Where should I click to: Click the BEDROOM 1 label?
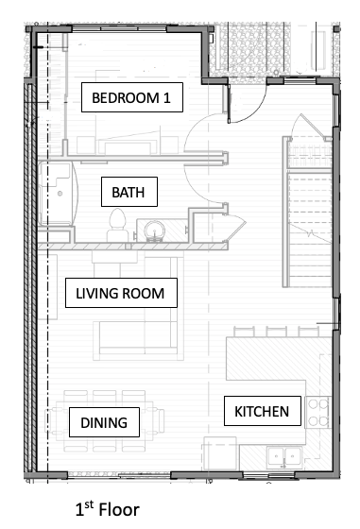[x=132, y=97]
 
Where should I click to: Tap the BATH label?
[x=129, y=192]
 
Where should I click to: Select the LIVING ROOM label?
[x=121, y=293]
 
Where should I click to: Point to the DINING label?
[x=104, y=422]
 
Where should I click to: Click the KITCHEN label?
[x=262, y=411]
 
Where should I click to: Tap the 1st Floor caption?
[x=108, y=509]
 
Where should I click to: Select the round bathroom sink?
[x=155, y=230]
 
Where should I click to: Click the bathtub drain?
[x=60, y=194]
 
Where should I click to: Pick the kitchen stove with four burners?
[x=318, y=412]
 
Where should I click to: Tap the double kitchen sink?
[x=284, y=457]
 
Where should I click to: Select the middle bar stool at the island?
[x=276, y=332]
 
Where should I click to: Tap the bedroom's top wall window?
[x=119, y=28]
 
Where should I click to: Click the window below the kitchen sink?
[x=269, y=476]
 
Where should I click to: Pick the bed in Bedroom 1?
[x=128, y=144]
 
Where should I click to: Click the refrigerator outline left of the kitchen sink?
[x=219, y=453]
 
